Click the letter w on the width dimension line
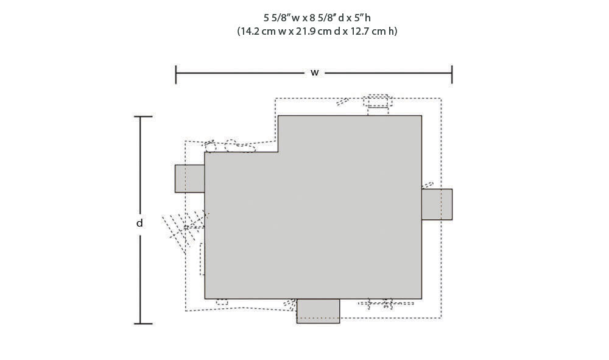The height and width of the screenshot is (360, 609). coord(315,73)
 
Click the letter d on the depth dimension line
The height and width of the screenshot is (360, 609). coord(139,223)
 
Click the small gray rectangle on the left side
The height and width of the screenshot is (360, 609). coord(189,178)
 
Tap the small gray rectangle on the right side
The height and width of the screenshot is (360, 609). coord(437,204)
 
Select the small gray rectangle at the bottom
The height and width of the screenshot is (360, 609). coord(318,311)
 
